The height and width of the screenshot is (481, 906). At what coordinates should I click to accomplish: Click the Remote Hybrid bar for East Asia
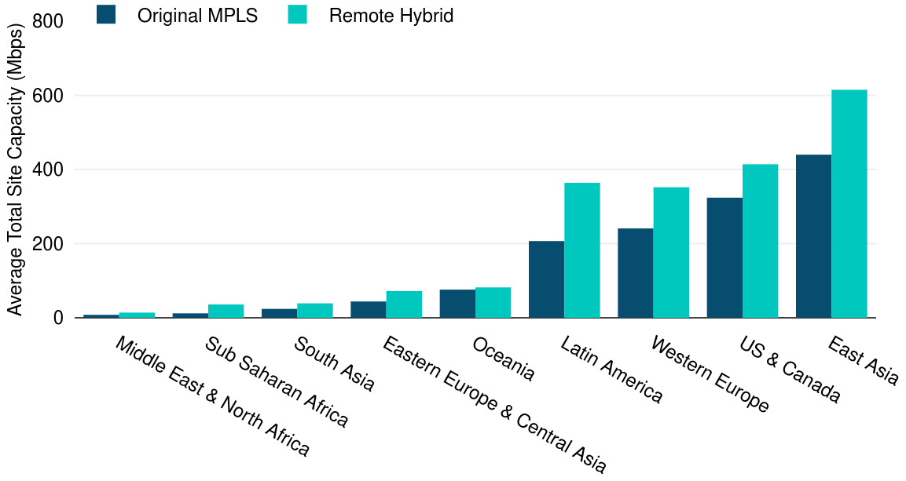(849, 204)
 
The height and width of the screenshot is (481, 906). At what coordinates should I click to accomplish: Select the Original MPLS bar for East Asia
(813, 236)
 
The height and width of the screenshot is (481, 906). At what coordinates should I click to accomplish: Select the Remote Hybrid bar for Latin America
(582, 250)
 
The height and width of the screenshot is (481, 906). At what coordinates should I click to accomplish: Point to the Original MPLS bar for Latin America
(546, 279)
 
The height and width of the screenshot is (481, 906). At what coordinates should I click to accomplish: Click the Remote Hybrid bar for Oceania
(493, 303)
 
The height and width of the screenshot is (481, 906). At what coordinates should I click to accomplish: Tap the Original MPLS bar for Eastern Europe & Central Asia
(368, 310)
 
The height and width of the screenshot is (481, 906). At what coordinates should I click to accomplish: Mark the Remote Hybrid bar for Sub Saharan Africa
(226, 312)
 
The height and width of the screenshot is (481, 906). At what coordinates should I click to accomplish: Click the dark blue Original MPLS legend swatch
(106, 14)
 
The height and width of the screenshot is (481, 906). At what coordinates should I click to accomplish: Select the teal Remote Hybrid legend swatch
(297, 14)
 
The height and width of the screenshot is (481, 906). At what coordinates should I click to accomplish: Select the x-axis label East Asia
(863, 361)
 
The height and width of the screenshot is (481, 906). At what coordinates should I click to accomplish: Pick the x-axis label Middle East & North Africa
(212, 396)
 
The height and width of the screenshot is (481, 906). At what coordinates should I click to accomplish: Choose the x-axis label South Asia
(334, 364)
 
